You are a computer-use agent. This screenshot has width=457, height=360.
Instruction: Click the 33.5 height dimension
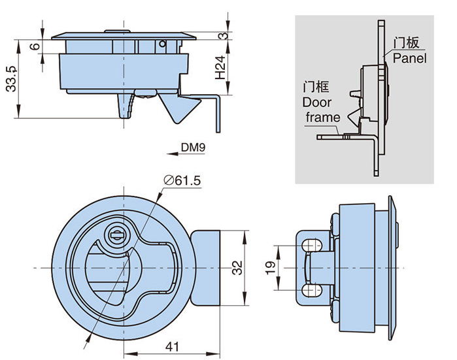pos(11,79)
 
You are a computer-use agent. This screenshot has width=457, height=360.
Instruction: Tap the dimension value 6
pos(35,47)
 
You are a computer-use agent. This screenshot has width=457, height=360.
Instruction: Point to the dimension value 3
pos(224,36)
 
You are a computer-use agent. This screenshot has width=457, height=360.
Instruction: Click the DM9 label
pos(194,148)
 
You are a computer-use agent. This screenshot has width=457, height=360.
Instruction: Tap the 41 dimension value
pos(170,348)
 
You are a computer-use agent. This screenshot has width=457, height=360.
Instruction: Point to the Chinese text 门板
pos(405,43)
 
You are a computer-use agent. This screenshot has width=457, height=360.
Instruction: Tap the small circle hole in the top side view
pos(161,44)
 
